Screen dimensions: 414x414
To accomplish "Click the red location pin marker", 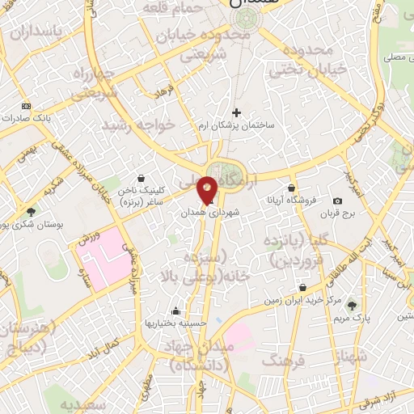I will click(207, 190).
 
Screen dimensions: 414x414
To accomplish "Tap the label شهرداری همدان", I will click(205, 209).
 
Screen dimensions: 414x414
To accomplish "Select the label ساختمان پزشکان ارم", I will click(242, 127).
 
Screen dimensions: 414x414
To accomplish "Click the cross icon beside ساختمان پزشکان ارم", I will click(236, 112).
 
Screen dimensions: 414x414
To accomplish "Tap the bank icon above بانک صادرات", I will click(27, 106).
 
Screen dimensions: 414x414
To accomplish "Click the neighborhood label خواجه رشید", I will click(128, 125).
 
